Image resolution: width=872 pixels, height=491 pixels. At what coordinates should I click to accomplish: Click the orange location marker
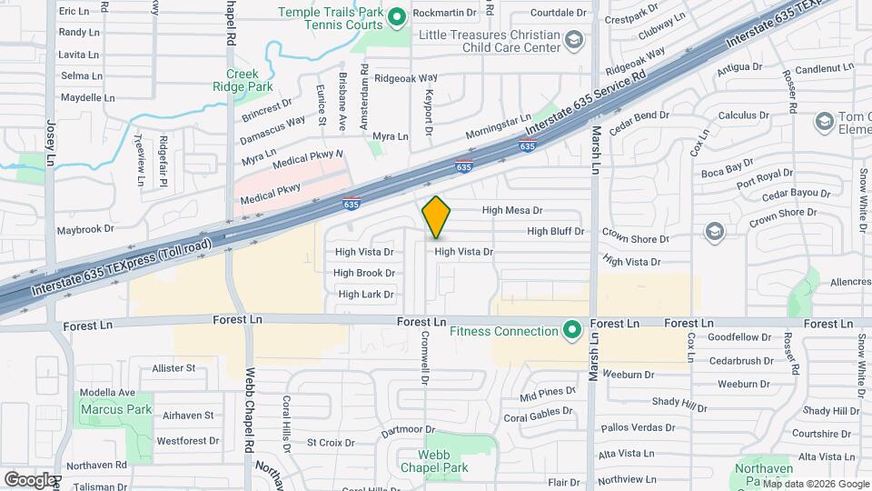click(x=436, y=216)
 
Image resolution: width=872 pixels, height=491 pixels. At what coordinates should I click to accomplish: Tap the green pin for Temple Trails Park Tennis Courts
click(x=396, y=17)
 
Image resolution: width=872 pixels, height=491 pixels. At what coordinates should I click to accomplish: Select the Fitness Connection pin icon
click(x=571, y=330)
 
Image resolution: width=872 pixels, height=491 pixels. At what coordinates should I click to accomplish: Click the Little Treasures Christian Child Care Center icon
click(x=573, y=39)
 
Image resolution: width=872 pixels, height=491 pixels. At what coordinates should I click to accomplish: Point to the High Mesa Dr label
click(x=511, y=210)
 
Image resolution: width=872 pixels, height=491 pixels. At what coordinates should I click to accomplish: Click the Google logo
click(x=30, y=478)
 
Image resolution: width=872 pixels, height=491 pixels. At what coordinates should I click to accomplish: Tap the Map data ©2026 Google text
click(x=814, y=484)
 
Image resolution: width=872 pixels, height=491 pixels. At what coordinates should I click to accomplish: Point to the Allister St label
click(x=173, y=368)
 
